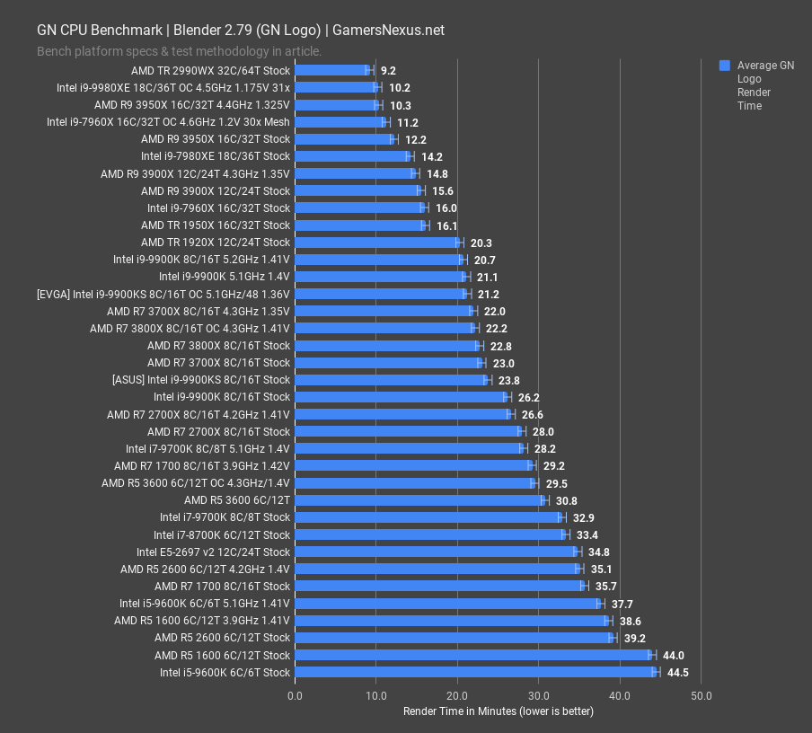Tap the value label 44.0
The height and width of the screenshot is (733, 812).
[675, 655]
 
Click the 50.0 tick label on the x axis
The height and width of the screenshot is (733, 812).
[702, 695]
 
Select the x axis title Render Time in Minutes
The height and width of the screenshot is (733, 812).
[499, 711]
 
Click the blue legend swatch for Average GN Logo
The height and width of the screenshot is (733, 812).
[725, 66]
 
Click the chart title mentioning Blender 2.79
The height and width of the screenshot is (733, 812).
[240, 30]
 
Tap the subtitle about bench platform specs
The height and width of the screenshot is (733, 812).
[179, 51]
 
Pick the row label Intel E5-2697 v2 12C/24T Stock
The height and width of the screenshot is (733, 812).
[213, 552]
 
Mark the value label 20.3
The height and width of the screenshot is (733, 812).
[481, 243]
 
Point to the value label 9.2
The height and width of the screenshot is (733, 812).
[388, 70]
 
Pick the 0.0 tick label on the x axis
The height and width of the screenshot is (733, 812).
[295, 695]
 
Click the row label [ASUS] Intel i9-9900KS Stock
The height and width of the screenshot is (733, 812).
[201, 379]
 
